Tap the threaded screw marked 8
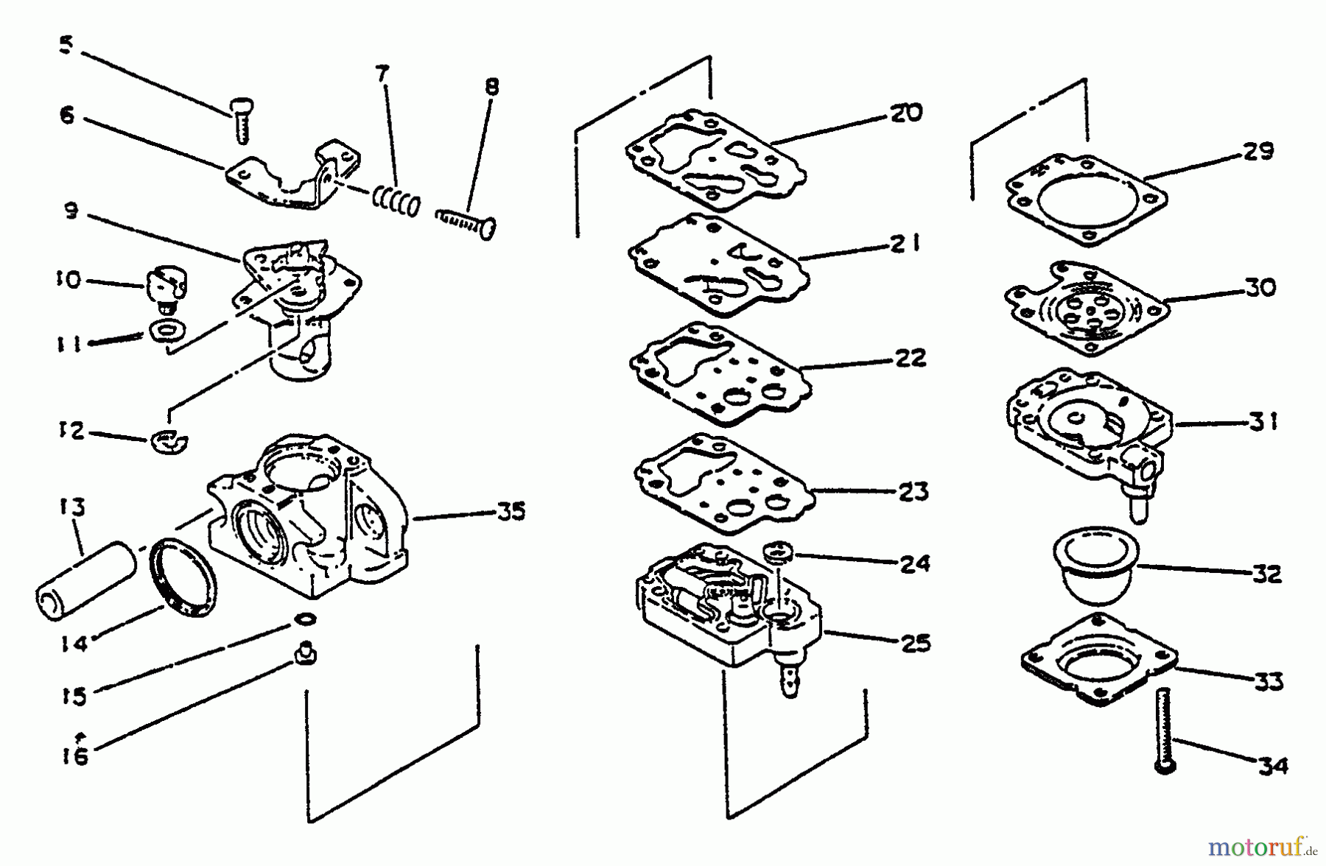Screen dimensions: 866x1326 pyautogui.click(x=466, y=222)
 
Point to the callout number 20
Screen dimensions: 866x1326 pyautogui.click(x=905, y=113)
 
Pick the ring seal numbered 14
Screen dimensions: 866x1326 pyautogui.click(x=183, y=577)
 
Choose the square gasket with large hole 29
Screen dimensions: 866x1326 pyautogui.click(x=1087, y=200)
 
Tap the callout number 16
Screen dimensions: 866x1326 pyautogui.click(x=76, y=756)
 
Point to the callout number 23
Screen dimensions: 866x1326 pyautogui.click(x=913, y=491)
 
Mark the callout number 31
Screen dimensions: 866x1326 pyautogui.click(x=1262, y=422)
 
